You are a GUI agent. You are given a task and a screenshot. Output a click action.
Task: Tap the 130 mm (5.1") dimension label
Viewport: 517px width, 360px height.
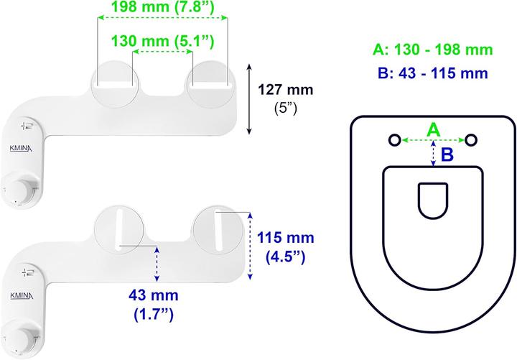point(163,41)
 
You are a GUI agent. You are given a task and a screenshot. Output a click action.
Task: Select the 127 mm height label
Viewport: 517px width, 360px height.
point(286,90)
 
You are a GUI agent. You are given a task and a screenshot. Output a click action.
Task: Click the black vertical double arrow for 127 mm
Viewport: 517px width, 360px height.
point(249,99)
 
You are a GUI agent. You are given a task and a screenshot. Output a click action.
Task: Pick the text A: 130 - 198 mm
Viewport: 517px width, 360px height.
point(433,50)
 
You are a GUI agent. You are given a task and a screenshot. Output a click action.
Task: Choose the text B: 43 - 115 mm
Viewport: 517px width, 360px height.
point(433,73)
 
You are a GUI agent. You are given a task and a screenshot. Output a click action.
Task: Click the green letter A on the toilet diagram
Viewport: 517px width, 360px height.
point(433,129)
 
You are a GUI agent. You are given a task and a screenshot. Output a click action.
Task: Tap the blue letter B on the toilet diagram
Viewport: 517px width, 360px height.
point(447,154)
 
